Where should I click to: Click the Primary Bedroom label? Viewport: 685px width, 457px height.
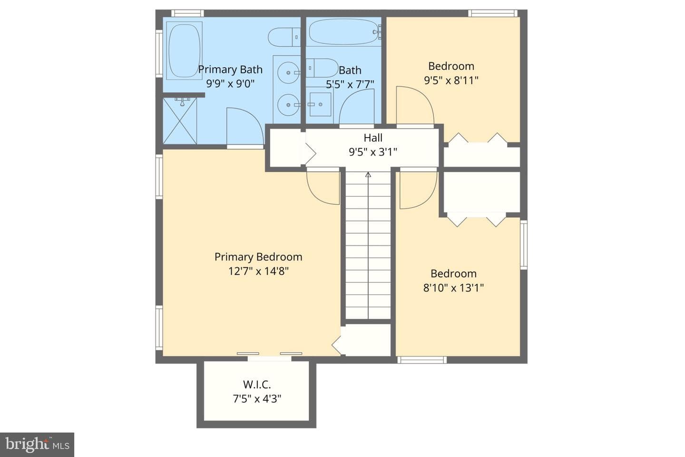pos(258,257)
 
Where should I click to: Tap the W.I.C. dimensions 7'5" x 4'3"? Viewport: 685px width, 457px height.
pos(257,399)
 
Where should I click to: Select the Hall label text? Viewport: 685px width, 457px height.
pos(373,138)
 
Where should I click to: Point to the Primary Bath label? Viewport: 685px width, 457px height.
pos(230,70)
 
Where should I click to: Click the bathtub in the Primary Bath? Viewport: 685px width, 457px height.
pos(184,51)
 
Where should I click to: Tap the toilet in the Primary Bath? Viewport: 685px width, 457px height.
pos(284,37)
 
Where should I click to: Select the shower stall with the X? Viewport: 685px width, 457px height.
pos(180,121)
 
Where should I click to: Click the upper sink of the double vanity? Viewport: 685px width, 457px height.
pos(288,72)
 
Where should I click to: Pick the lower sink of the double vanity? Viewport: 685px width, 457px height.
pos(288,105)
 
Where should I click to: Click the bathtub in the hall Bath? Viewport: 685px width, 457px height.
pos(344,32)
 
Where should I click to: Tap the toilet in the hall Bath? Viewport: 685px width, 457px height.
pos(322,68)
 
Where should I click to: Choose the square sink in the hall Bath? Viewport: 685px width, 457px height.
pos(320,104)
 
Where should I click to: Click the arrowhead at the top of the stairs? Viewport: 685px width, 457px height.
pos(368,175)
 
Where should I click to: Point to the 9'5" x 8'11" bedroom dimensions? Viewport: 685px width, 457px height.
pos(451,80)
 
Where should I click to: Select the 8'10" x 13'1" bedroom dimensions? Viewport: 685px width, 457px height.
pos(453,288)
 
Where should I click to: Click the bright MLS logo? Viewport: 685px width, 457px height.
pos(37,445)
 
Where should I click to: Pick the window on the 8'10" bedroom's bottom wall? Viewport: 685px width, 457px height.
pos(422,360)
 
